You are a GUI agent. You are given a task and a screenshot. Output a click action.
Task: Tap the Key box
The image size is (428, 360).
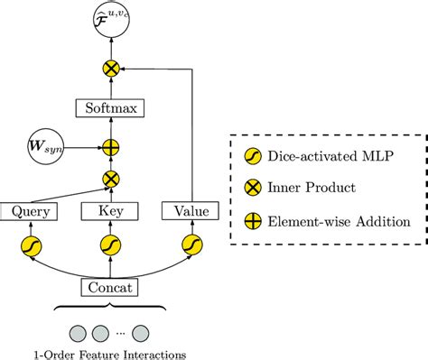pos(111,211)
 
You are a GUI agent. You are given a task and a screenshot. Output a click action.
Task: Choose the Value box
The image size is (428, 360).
pos(191,211)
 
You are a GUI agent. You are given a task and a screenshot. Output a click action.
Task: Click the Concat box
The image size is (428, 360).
pos(111,288)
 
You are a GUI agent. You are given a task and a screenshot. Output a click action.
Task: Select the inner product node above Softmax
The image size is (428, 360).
pos(111,69)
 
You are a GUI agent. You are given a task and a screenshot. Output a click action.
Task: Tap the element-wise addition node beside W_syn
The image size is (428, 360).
pos(111,145)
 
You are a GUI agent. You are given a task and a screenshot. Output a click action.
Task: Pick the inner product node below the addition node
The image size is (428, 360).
pos(111,179)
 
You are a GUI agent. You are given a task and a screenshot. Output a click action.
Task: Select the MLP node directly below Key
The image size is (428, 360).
pos(111,245)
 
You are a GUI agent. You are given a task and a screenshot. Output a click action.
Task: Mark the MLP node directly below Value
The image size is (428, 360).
pos(191,245)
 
